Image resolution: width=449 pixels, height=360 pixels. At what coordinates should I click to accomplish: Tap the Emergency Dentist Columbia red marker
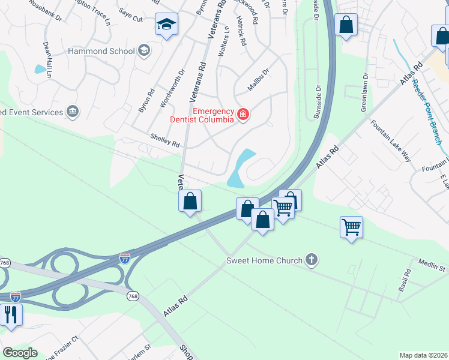tap(243, 114)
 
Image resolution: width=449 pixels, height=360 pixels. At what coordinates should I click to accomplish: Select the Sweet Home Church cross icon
tap(311, 260)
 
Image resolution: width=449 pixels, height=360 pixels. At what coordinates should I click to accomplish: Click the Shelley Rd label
tap(165, 142)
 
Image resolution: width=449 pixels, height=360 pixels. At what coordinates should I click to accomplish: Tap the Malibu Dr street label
tap(259, 80)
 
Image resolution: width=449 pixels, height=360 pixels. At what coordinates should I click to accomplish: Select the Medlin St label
tap(432, 265)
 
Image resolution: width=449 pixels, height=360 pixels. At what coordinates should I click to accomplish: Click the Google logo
tap(20, 353)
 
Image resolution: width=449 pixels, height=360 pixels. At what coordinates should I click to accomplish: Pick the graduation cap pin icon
tap(166, 25)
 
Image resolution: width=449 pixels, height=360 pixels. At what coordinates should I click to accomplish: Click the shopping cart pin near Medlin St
tap(351, 227)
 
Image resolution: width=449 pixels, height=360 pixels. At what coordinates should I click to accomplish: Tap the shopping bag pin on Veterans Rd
tap(190, 201)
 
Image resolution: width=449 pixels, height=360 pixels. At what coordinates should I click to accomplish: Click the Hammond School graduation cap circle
tap(143, 50)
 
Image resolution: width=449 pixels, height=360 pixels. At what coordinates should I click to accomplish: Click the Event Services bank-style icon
tap(73, 112)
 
